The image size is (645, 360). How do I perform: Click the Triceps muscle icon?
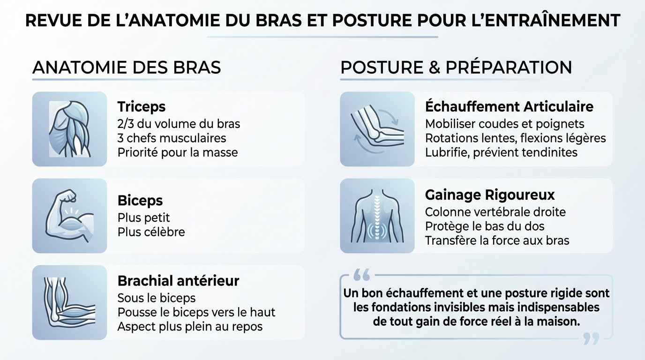[69, 129]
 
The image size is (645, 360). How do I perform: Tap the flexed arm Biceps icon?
[69, 216]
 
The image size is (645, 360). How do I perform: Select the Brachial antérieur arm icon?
[69, 302]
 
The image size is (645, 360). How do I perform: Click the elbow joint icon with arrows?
[377, 129]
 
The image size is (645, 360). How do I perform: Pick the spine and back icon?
[377, 216]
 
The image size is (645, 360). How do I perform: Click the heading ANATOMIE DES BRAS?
[127, 67]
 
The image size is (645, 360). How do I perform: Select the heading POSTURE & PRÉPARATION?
[456, 67]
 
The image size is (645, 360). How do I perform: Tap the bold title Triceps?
[142, 107]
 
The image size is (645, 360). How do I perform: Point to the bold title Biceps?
[140, 201]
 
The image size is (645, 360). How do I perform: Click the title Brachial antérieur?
[178, 281]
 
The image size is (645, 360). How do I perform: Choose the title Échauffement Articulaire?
[509, 107]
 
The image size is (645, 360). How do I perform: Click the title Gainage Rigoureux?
[490, 195]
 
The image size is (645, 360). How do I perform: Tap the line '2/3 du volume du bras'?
[179, 124]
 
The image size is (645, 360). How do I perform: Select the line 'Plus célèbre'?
[151, 232]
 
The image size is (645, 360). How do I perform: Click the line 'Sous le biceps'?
[157, 298]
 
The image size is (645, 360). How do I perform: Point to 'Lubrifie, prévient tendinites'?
[501, 152]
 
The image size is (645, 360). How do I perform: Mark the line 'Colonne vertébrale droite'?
[495, 212]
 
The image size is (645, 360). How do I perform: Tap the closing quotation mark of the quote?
[591, 338]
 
